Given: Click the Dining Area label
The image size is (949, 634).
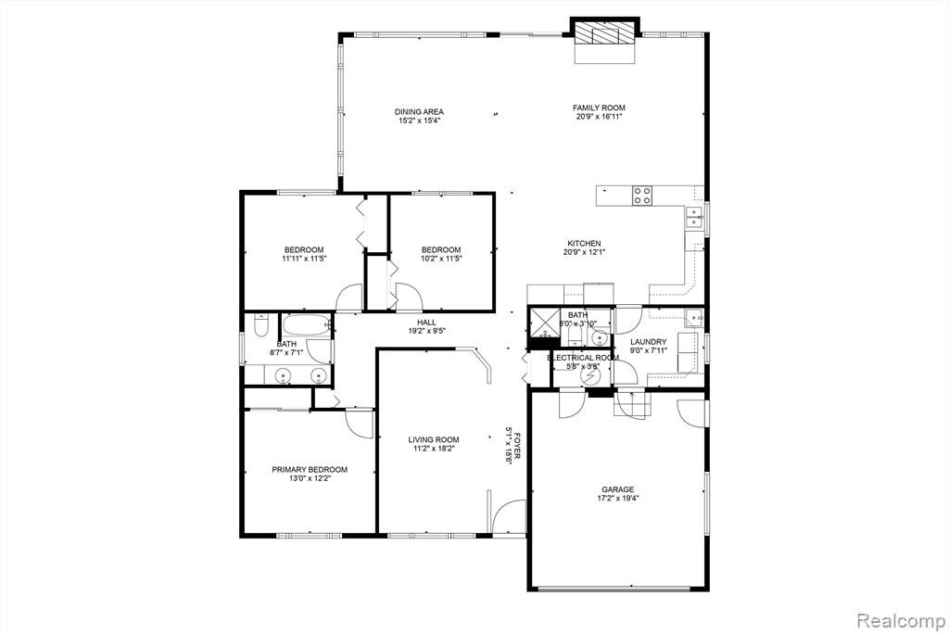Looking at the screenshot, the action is [x=419, y=112].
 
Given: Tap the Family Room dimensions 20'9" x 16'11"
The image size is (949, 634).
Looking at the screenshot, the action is [x=600, y=117].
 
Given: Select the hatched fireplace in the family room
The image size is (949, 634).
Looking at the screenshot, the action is [x=605, y=33].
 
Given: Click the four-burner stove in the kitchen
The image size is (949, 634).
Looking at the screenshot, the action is [x=643, y=195].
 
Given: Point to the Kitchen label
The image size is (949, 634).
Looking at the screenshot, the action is [x=584, y=244].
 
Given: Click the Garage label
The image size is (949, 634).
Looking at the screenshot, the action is [x=618, y=489].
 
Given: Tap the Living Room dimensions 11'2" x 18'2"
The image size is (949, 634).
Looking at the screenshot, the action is [x=434, y=450].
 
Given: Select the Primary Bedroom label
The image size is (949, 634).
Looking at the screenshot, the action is [x=310, y=469].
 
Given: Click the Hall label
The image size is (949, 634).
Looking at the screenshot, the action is [x=426, y=323].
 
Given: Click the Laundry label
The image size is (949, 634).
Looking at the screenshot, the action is [x=648, y=341].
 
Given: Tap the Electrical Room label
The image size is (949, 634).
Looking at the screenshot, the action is [x=583, y=358].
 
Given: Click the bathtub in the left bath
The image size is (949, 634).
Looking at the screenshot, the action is [x=308, y=325].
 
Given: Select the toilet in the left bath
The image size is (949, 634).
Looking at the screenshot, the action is [x=261, y=325].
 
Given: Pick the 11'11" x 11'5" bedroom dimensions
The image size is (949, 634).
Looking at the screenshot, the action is [x=304, y=259].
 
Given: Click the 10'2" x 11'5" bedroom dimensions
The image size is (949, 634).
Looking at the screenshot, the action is [x=441, y=259].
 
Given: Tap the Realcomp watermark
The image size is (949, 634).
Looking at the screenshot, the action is [x=901, y=621].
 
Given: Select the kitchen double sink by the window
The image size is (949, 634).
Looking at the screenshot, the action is [x=693, y=218].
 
